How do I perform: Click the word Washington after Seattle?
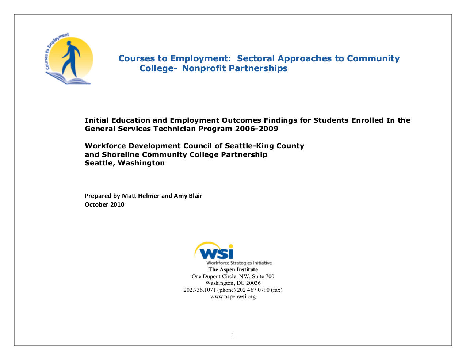pos(141,163)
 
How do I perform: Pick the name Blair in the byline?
pos(195,196)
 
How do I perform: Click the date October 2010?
pos(104,204)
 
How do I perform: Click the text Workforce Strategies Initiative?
pos(239,263)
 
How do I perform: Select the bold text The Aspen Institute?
pos(233,269)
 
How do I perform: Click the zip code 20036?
pos(253,283)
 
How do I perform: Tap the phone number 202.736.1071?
pos(199,290)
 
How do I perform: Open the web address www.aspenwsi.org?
pos(233,296)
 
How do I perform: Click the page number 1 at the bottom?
pos(233,335)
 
